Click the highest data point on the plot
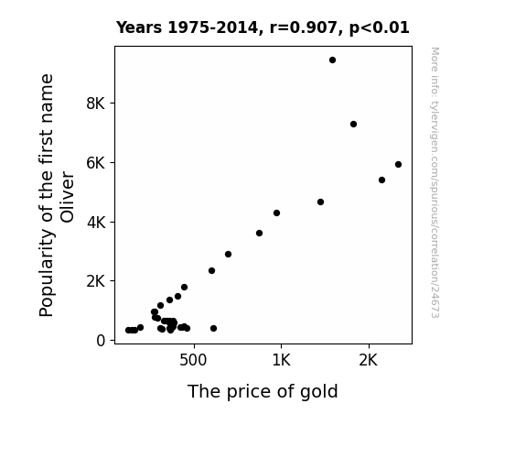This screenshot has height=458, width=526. tap(332, 60)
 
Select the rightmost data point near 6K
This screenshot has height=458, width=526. tap(398, 164)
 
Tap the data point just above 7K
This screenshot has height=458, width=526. tap(353, 124)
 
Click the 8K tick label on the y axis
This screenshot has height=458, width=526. tap(96, 104)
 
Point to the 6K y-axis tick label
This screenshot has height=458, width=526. tap(96, 163)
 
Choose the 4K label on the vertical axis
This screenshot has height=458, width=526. tap(96, 223)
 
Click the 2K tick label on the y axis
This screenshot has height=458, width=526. tap(96, 281)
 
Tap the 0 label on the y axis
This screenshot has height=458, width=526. tap(101, 341)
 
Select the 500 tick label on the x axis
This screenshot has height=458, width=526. tap(193, 361)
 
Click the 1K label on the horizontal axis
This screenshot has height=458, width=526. tap(281, 361)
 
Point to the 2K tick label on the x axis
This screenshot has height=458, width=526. tap(369, 361)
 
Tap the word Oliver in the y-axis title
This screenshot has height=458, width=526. tap(67, 197)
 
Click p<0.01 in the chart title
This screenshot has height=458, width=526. tap(380, 27)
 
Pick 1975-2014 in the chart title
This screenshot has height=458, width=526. tap(215, 27)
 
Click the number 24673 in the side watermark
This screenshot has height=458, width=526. tap(435, 301)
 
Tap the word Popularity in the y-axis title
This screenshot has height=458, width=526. tap(47, 273)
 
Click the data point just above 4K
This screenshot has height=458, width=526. tap(276, 213)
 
